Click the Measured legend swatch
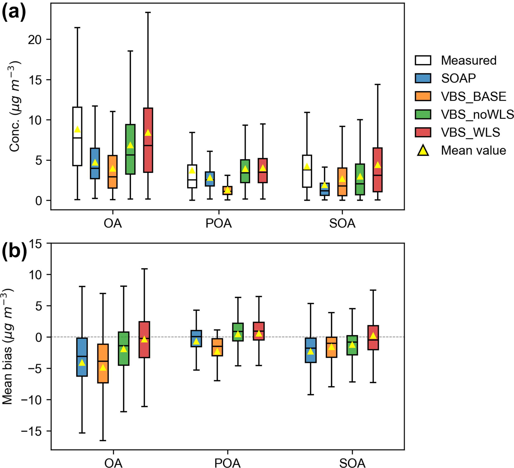pyautogui.click(x=423, y=60)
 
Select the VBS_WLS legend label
pyautogui.click(x=470, y=132)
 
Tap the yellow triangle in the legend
pyautogui.click(x=423, y=150)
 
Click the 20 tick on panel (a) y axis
pyautogui.click(x=35, y=40)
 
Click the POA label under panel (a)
pyautogui.click(x=219, y=224)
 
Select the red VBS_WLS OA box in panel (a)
pyautogui.click(x=148, y=153)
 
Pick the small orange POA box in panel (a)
pyautogui.click(x=227, y=190)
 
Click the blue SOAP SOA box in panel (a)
pyautogui.click(x=325, y=189)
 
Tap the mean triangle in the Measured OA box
pyautogui.click(x=77, y=130)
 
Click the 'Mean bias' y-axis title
pyautogui.click(x=8, y=347)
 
